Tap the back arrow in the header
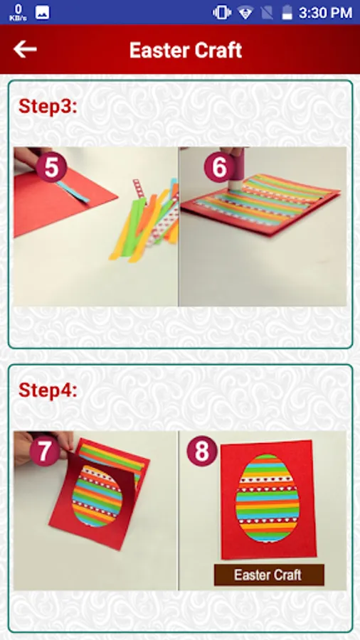click(25, 49)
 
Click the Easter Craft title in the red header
click(186, 50)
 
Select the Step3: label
click(48, 107)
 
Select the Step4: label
click(48, 391)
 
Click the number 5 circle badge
click(51, 167)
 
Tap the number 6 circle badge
click(220, 167)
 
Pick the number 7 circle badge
click(45, 451)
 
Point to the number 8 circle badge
click(202, 451)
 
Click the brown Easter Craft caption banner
click(269, 575)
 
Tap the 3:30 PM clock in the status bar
click(325, 13)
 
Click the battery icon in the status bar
click(287, 13)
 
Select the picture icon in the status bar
click(43, 13)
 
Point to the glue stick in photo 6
click(237, 169)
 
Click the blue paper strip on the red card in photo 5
click(73, 191)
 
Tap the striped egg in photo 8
click(267, 498)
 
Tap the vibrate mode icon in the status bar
click(222, 13)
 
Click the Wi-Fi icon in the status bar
click(245, 13)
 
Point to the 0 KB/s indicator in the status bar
click(18, 13)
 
